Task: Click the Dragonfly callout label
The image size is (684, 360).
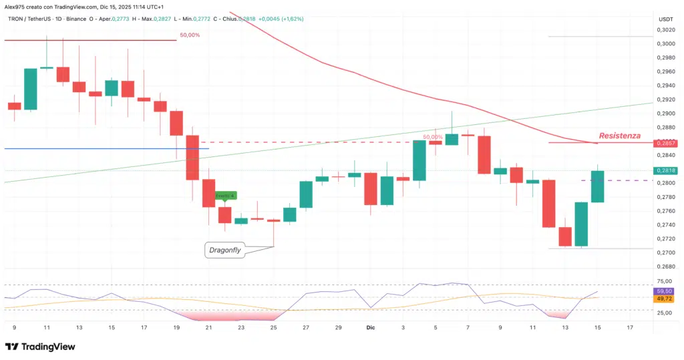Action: point(224,250)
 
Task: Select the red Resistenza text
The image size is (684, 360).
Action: point(619,136)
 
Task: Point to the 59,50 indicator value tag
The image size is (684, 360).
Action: point(665,291)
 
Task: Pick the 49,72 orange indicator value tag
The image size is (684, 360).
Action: point(665,299)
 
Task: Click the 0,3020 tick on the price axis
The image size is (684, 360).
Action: point(665,30)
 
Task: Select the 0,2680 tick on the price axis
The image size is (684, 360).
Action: point(665,266)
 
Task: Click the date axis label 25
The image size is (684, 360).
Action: point(273,328)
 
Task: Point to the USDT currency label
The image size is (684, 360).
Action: point(665,19)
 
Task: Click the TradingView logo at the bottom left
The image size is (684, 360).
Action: point(40,347)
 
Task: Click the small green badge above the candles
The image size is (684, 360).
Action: point(226,195)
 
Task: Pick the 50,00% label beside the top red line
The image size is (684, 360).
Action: point(190,35)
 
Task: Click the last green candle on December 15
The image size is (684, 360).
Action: point(598,186)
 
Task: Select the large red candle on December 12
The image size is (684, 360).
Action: point(549,203)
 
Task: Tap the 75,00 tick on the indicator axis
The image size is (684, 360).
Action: point(665,282)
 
